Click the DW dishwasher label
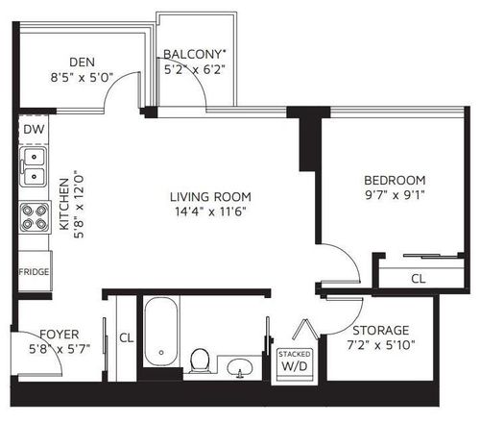pos(34,130)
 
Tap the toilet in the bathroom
pos(200,361)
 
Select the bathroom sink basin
pos(240,367)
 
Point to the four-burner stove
pos(35,217)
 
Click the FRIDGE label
pos(34,272)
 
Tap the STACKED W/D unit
pos(295,364)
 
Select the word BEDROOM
pos(395,181)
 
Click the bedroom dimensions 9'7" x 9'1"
pos(395,195)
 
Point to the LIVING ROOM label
pos(210,197)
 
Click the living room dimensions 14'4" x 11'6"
pos(210,211)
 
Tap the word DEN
pos(82,62)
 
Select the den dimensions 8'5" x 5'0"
pos(82,77)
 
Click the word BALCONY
pos(192,55)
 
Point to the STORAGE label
pos(381,331)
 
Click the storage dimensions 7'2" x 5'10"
pos(381,345)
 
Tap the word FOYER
pos(60,335)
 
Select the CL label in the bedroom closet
pos(419,279)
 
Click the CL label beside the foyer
pos(127,337)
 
